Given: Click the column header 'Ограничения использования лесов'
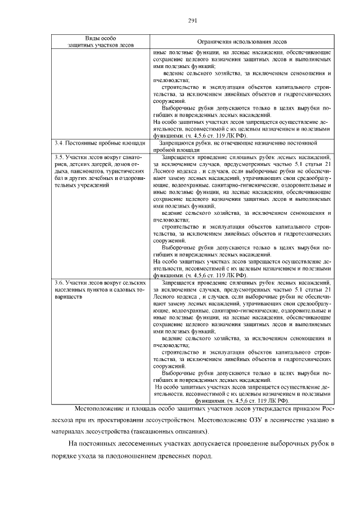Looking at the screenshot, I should pos(242,42).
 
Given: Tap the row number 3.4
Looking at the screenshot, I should pos(59,143).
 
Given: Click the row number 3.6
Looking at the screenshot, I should pos(59,282).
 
